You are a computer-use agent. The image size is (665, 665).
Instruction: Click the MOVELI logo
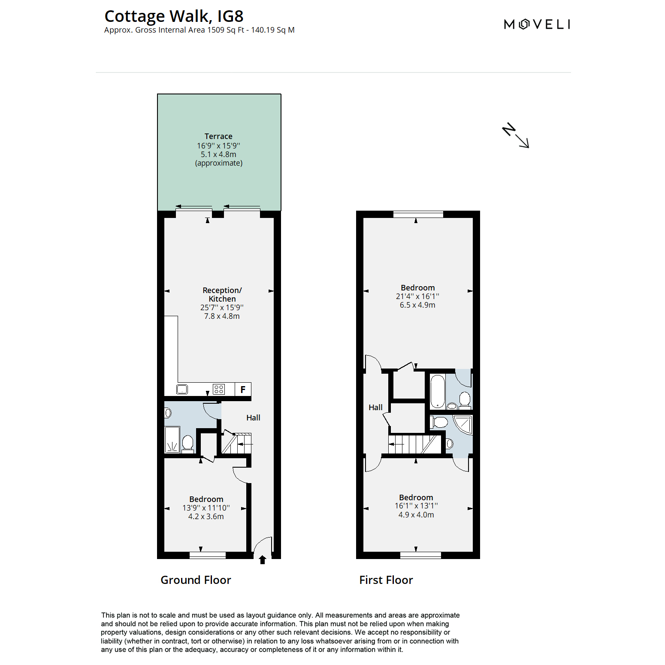pos(537,24)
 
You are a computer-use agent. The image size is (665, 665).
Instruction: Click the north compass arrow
pos(516,136)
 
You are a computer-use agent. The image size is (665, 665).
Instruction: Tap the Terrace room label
pos(218,136)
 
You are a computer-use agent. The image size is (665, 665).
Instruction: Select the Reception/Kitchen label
pos(222,294)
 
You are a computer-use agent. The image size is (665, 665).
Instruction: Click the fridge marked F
pos(243,389)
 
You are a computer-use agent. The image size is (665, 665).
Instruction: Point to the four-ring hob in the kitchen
pos(219,389)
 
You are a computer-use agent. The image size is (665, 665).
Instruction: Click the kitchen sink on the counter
pos(182,390)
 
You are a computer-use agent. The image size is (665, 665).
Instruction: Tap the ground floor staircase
pos(236,443)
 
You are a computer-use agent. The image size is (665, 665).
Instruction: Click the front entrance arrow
pos(263,559)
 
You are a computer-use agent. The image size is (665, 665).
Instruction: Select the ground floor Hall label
pos(253,418)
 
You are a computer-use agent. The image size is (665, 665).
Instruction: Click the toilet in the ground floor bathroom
pos(187,443)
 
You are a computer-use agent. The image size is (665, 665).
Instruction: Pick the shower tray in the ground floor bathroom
pos(172,440)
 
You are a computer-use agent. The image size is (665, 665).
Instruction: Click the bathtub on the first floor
pos(438,391)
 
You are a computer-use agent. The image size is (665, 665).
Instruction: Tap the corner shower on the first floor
pos(463,424)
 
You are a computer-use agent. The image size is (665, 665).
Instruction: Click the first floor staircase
pos(414,444)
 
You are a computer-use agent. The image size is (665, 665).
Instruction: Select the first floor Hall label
pos(375,408)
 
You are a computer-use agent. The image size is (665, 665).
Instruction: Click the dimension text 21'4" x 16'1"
pos(417,296)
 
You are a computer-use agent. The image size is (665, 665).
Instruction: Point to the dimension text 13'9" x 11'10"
pos(206,508)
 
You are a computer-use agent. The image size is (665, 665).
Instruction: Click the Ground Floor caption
pos(196,580)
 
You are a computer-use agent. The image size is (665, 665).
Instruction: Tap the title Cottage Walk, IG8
pos(174,16)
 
